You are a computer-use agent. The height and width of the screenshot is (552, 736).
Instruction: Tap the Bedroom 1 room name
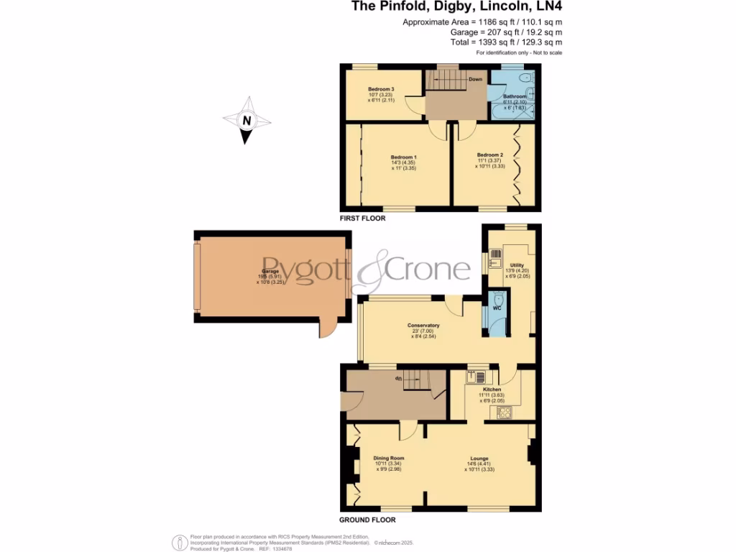pos(403,157)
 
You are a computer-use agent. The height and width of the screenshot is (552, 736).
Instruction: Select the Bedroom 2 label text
pos(489,154)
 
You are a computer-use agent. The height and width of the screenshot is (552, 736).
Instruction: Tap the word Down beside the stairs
pos(475,79)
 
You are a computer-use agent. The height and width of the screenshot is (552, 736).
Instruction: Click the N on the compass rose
pos(246,121)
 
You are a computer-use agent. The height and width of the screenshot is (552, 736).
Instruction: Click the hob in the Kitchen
pos(504,412)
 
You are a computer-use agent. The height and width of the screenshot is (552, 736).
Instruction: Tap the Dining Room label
pos(389,458)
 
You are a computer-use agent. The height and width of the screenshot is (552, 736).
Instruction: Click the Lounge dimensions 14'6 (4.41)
pos(479,464)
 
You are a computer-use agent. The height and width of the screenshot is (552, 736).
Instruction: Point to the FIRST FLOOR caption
pos(363,217)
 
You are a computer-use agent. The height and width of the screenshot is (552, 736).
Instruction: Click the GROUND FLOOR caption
pos(367,519)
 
